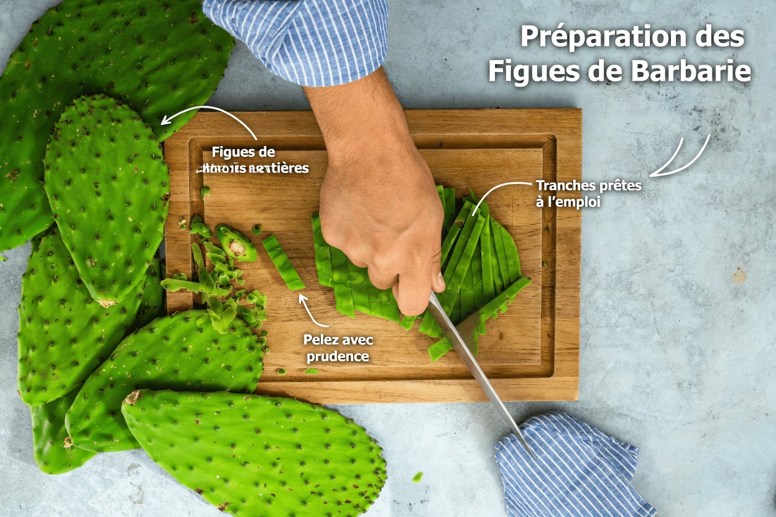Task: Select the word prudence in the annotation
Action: click(338, 357)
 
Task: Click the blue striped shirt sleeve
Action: click(298, 37)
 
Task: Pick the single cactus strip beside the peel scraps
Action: click(284, 262)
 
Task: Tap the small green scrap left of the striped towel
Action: click(417, 477)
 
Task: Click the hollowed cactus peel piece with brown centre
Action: click(236, 245)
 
